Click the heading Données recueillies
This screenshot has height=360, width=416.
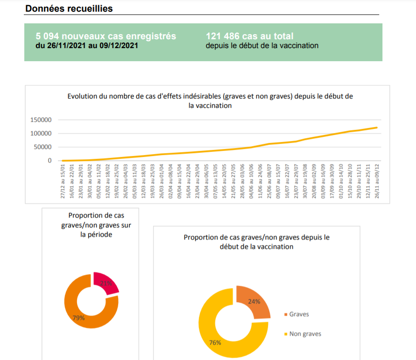(69, 8)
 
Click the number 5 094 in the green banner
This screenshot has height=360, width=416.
(46, 36)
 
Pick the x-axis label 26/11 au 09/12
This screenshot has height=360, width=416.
(376, 181)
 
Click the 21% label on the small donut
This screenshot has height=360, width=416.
(106, 283)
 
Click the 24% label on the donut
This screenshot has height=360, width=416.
(254, 302)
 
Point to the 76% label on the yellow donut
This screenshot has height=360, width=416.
(215, 342)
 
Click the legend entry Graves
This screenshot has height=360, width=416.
(299, 314)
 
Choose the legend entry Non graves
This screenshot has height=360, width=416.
(305, 334)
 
